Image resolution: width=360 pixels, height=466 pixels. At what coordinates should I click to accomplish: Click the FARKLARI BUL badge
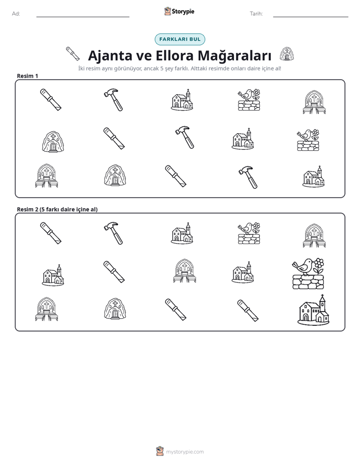[x=179, y=39]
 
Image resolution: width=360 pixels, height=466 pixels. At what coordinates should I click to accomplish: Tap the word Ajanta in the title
[x=110, y=55]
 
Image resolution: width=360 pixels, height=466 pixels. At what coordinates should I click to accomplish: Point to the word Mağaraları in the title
[x=234, y=55]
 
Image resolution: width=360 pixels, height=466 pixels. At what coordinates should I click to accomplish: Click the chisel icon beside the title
[x=73, y=53]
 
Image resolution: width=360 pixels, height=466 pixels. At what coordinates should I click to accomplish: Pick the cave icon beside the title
[x=286, y=54]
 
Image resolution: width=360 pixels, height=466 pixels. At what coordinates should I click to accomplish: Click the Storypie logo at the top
[x=179, y=11]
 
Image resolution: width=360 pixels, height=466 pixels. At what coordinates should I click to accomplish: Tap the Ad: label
[x=16, y=14]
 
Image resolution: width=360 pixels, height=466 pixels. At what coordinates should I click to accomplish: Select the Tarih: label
[x=256, y=14]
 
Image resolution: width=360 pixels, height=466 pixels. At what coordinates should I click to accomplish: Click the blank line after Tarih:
[x=311, y=17]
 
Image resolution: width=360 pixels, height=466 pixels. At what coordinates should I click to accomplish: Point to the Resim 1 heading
[x=28, y=76]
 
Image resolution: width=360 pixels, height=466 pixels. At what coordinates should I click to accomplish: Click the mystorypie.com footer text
[x=185, y=452]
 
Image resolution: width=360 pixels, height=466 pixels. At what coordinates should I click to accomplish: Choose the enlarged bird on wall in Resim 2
[x=308, y=274]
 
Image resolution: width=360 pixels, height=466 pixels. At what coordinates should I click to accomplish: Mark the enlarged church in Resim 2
[x=314, y=310]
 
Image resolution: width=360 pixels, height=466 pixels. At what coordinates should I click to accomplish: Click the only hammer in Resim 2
[x=113, y=233]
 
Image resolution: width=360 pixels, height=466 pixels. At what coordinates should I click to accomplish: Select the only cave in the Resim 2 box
[x=115, y=309]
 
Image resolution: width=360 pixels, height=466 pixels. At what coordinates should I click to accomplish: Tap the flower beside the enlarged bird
[x=319, y=265]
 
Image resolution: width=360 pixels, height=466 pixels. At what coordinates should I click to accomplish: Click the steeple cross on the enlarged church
[x=322, y=297]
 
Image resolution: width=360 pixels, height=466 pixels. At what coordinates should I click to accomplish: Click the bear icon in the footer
[x=160, y=451]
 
